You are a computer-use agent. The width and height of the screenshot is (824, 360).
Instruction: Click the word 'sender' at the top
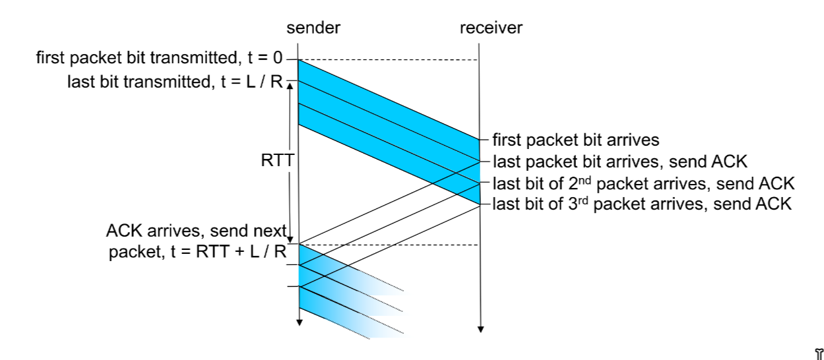(313, 28)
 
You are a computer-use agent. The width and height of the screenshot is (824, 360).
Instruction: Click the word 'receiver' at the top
(491, 28)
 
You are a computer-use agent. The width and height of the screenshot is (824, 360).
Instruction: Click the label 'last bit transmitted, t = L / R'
(175, 82)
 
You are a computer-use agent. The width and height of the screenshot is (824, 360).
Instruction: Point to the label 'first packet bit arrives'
(576, 140)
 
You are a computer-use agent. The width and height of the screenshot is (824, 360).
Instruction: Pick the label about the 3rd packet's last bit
(641, 204)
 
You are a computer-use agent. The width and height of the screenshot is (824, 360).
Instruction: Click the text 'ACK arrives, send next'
(196, 232)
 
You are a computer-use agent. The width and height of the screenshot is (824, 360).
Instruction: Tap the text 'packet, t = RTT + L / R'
(198, 253)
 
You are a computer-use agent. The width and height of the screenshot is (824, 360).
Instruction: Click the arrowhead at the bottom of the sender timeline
(299, 322)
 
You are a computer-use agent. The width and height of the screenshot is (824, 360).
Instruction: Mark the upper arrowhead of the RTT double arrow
(290, 86)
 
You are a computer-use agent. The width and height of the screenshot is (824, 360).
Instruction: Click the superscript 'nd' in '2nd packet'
(586, 178)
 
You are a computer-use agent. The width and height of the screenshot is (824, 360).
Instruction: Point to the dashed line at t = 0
(389, 60)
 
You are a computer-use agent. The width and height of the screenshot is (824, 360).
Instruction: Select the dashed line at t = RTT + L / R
(389, 245)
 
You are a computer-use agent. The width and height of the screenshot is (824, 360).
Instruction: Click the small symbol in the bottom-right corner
(819, 353)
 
